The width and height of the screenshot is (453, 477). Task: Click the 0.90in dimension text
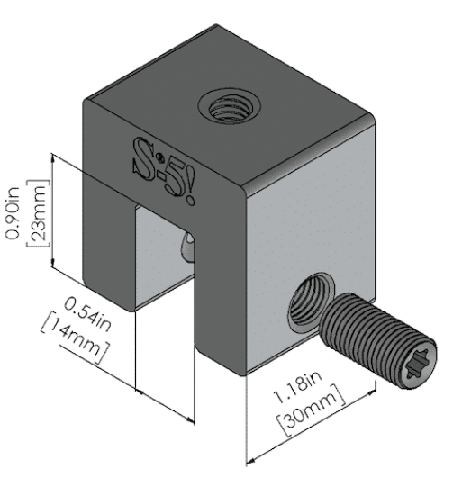[14, 213]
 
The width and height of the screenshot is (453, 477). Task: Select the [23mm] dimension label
[38, 213]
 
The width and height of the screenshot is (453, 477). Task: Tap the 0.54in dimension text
[87, 315]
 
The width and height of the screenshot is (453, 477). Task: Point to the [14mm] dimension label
[75, 337]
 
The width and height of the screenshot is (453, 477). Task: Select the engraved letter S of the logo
[147, 158]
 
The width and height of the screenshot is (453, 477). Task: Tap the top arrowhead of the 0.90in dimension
[53, 158]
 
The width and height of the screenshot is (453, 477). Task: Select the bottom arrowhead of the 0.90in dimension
[53, 263]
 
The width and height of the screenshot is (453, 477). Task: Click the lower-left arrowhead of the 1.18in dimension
[251, 462]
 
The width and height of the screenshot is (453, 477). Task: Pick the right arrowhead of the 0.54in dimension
[190, 420]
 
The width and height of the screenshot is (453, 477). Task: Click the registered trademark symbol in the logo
[160, 157]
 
